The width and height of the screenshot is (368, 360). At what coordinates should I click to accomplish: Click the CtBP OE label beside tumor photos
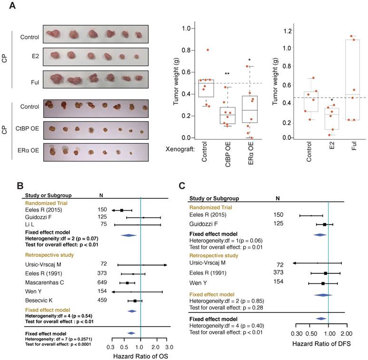coord(28,129)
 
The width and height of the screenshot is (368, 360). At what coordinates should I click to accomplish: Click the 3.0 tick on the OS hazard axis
coord(169,341)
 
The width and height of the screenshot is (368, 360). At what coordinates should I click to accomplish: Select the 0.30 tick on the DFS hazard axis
coord(296,333)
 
